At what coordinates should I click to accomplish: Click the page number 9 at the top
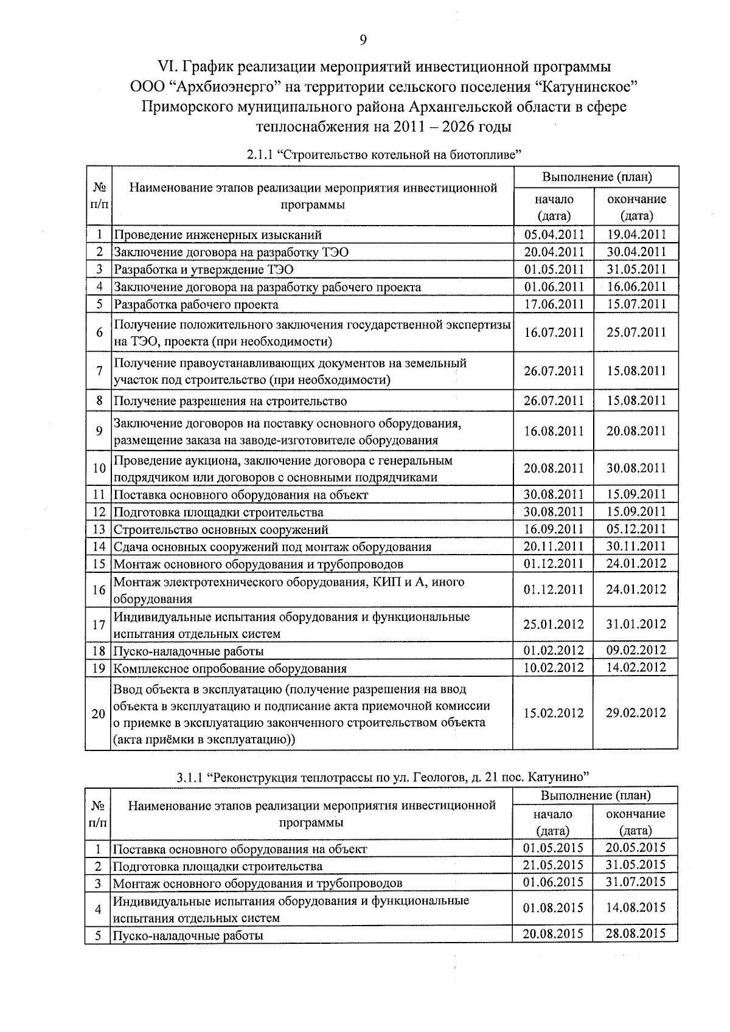pos(363,40)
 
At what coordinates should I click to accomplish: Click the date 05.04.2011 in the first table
pos(554,235)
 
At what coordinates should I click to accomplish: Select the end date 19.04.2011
pos(636,235)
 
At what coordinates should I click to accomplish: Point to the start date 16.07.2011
pos(554,333)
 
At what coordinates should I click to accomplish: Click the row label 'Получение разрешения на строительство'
pos(231,401)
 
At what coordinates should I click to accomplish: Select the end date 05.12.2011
pos(636,529)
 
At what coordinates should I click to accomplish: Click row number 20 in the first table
pos(99,714)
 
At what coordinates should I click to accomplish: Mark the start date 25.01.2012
pos(554,625)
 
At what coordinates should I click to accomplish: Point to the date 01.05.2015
pos(552,848)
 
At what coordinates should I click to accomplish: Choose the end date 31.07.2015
pos(636,882)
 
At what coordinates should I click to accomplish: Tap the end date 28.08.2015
pos(636,933)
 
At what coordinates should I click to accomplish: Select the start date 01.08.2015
pos(552,908)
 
